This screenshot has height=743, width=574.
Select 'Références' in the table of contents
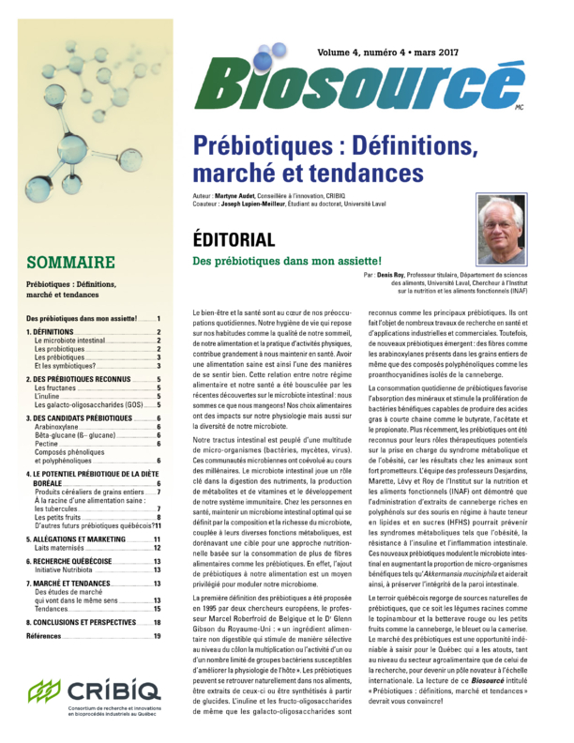coord(47,635)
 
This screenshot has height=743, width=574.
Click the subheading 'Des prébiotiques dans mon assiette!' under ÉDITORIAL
coord(286,260)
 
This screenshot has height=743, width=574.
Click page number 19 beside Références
coord(158,635)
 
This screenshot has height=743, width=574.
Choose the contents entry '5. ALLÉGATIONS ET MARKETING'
coord(76,538)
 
